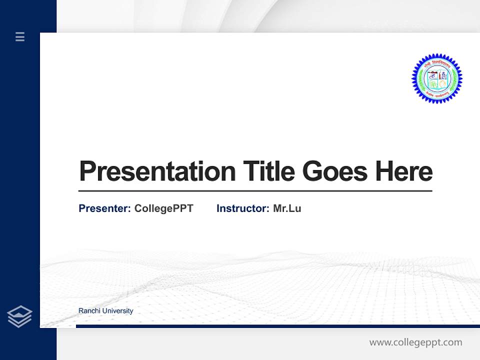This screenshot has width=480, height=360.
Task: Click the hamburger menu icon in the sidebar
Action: click(x=20, y=36)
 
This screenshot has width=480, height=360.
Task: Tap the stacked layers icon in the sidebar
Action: click(x=19, y=316)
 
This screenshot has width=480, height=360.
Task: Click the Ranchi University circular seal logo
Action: click(x=436, y=78)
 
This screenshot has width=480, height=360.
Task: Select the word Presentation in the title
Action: click(x=157, y=171)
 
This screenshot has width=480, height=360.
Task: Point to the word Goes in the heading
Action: click(x=335, y=171)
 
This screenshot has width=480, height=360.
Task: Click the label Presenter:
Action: click(x=104, y=208)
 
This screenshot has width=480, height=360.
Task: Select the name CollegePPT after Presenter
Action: click(x=163, y=208)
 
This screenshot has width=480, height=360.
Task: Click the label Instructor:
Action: click(x=242, y=208)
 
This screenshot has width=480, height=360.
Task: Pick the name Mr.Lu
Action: click(x=287, y=208)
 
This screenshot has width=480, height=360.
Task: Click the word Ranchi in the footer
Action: click(x=88, y=311)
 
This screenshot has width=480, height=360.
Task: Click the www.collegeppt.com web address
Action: click(x=415, y=342)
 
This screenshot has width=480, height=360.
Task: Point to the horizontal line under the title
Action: click(x=255, y=191)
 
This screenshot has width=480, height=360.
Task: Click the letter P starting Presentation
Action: click(x=87, y=171)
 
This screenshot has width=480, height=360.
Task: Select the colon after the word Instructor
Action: click(x=268, y=209)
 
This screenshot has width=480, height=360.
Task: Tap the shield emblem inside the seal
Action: click(x=436, y=79)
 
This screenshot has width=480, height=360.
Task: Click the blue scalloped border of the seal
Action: click(x=415, y=79)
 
